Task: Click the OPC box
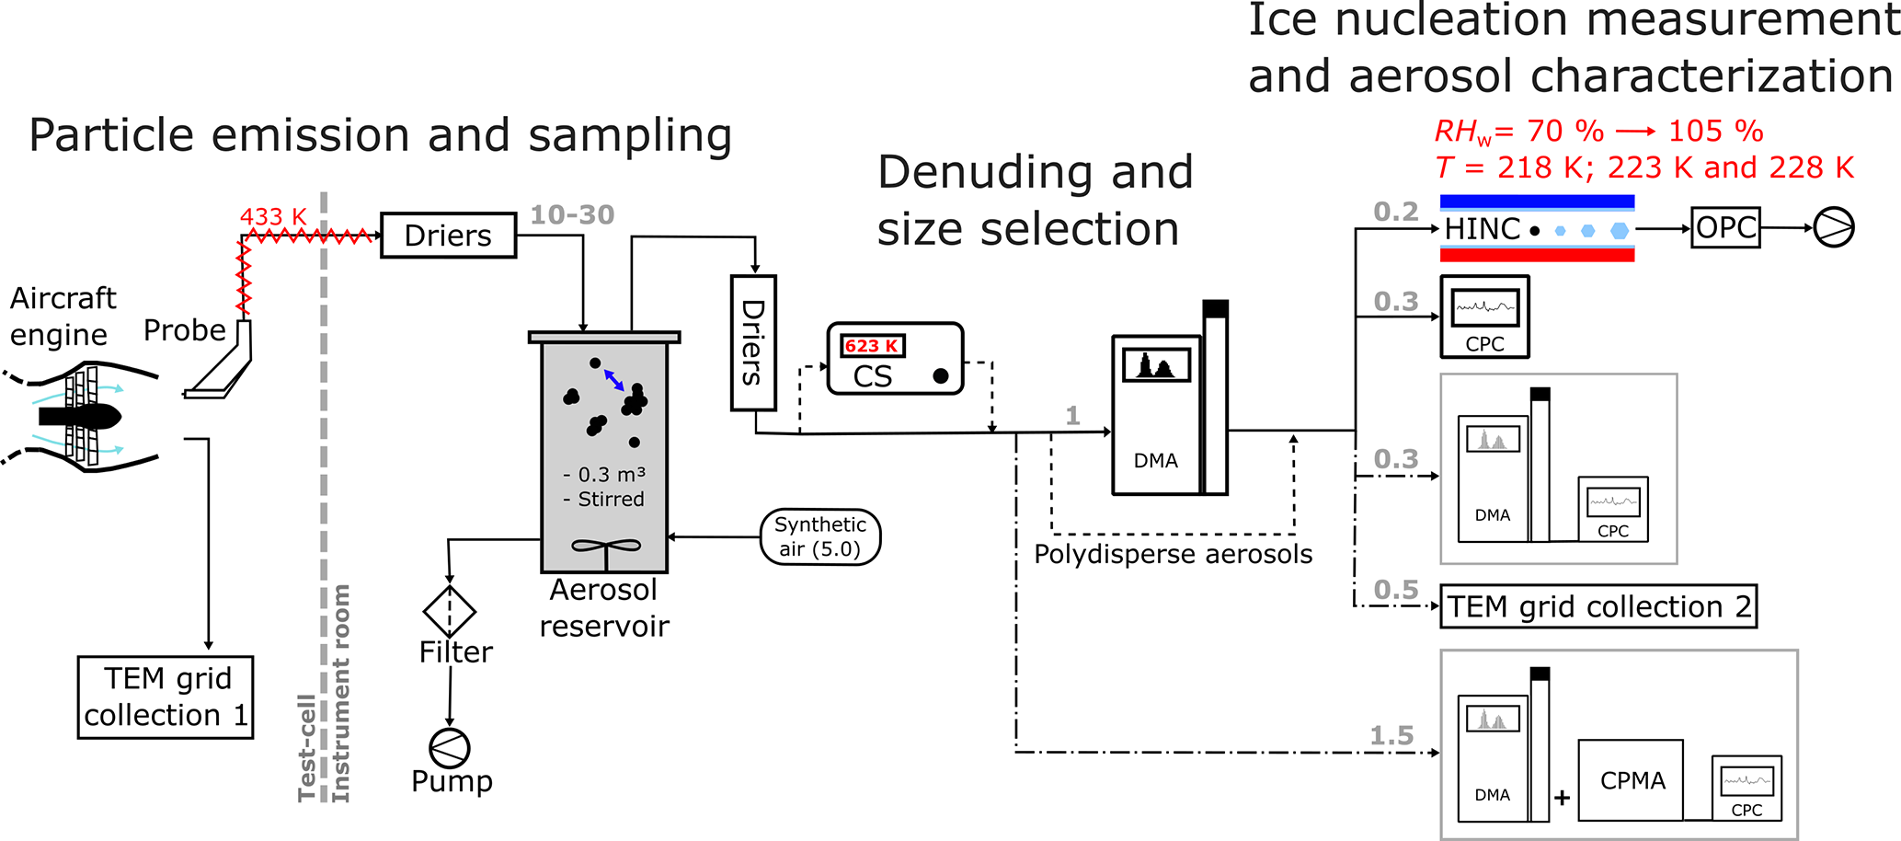(x=1726, y=228)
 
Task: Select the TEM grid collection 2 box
(x=1598, y=607)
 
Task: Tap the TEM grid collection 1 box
(x=166, y=697)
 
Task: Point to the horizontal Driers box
(x=448, y=236)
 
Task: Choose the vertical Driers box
(x=753, y=342)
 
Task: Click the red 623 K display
(x=872, y=346)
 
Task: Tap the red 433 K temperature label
(x=273, y=217)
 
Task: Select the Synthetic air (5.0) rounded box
(x=820, y=536)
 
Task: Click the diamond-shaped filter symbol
(x=449, y=611)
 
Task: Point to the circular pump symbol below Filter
(x=450, y=748)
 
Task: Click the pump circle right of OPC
(x=1834, y=228)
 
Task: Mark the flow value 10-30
(x=572, y=215)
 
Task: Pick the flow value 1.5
(x=1391, y=736)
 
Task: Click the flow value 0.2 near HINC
(x=1396, y=213)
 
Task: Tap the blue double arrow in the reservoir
(x=614, y=379)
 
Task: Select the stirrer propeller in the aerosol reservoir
(x=606, y=547)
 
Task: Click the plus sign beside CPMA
(x=1562, y=798)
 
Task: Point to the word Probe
(x=185, y=330)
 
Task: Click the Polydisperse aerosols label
(x=1173, y=555)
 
